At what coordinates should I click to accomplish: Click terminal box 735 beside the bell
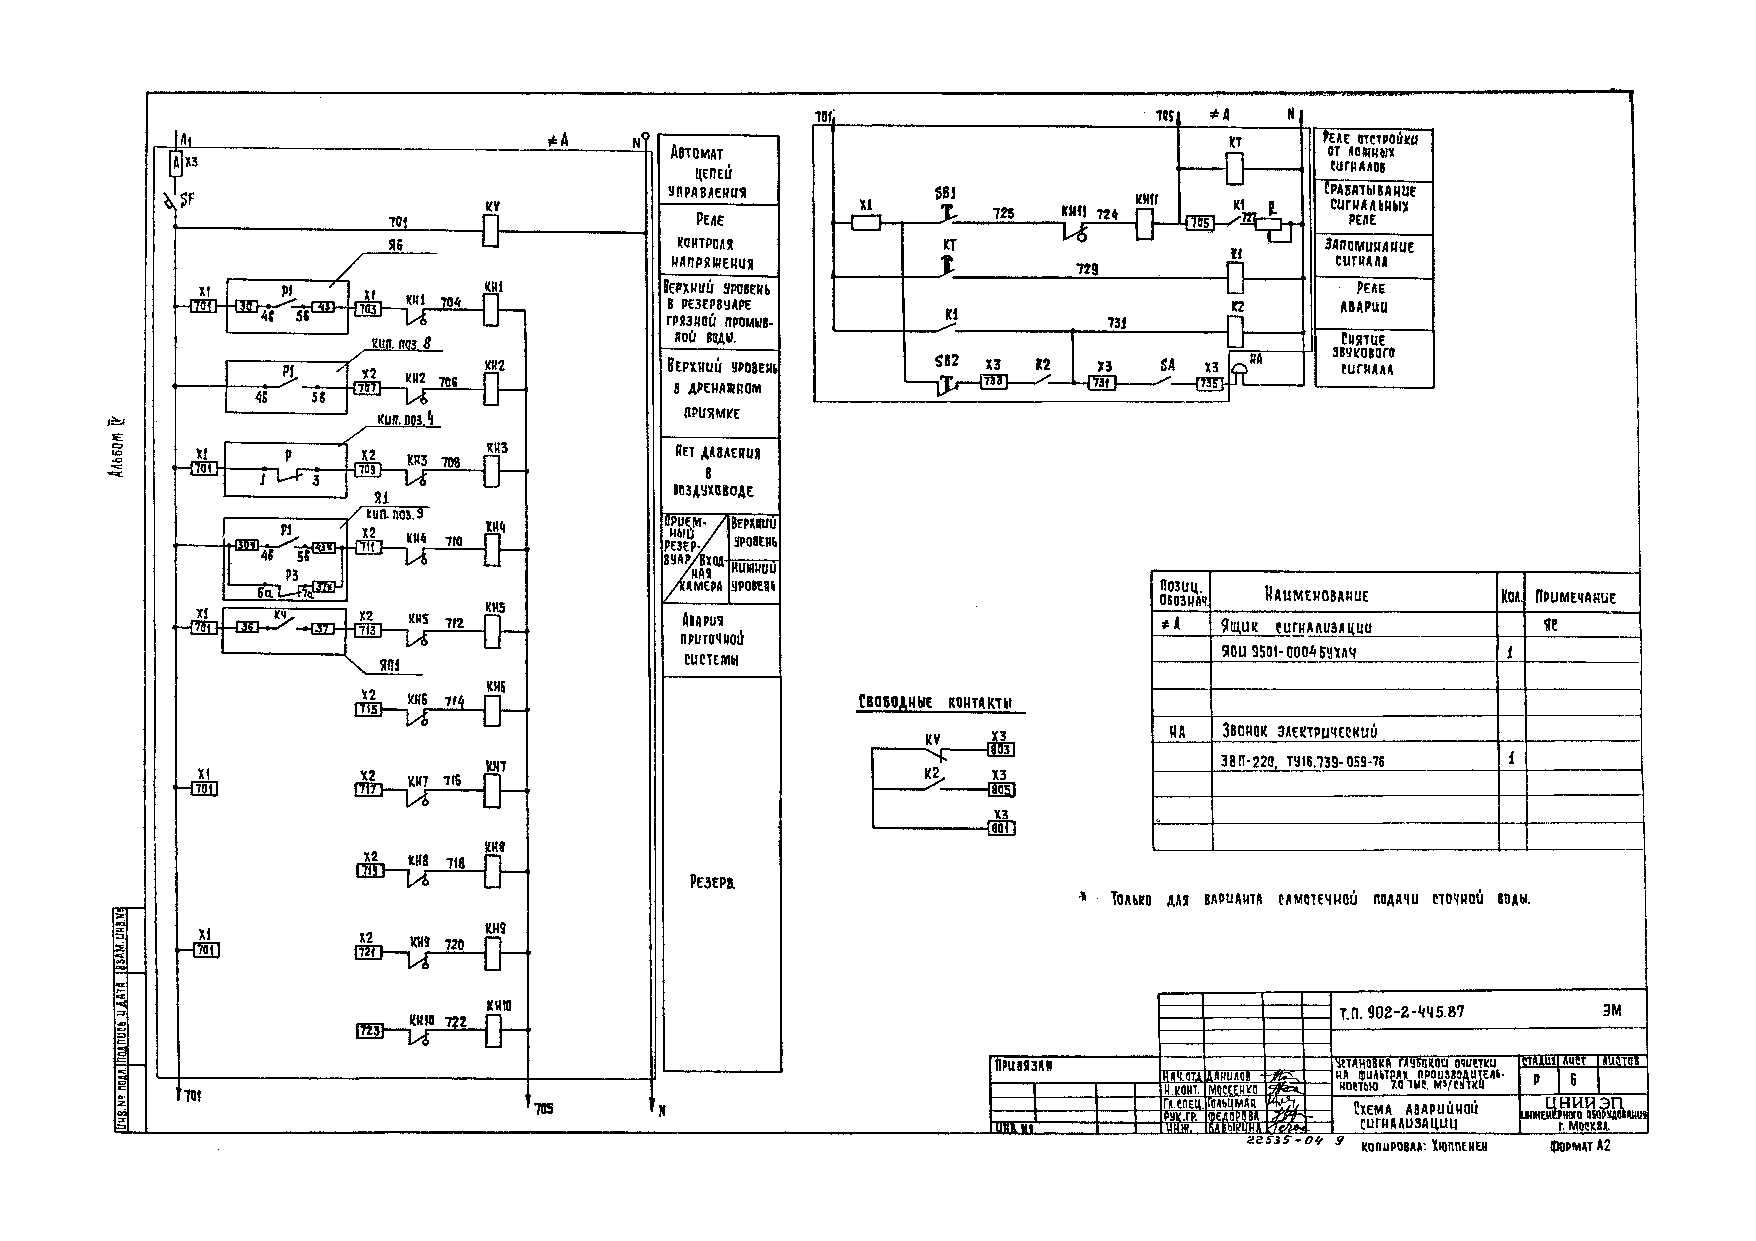pyautogui.click(x=1209, y=383)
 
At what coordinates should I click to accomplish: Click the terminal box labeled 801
pyautogui.click(x=1000, y=828)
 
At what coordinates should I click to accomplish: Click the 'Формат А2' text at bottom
pyautogui.click(x=1580, y=1146)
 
